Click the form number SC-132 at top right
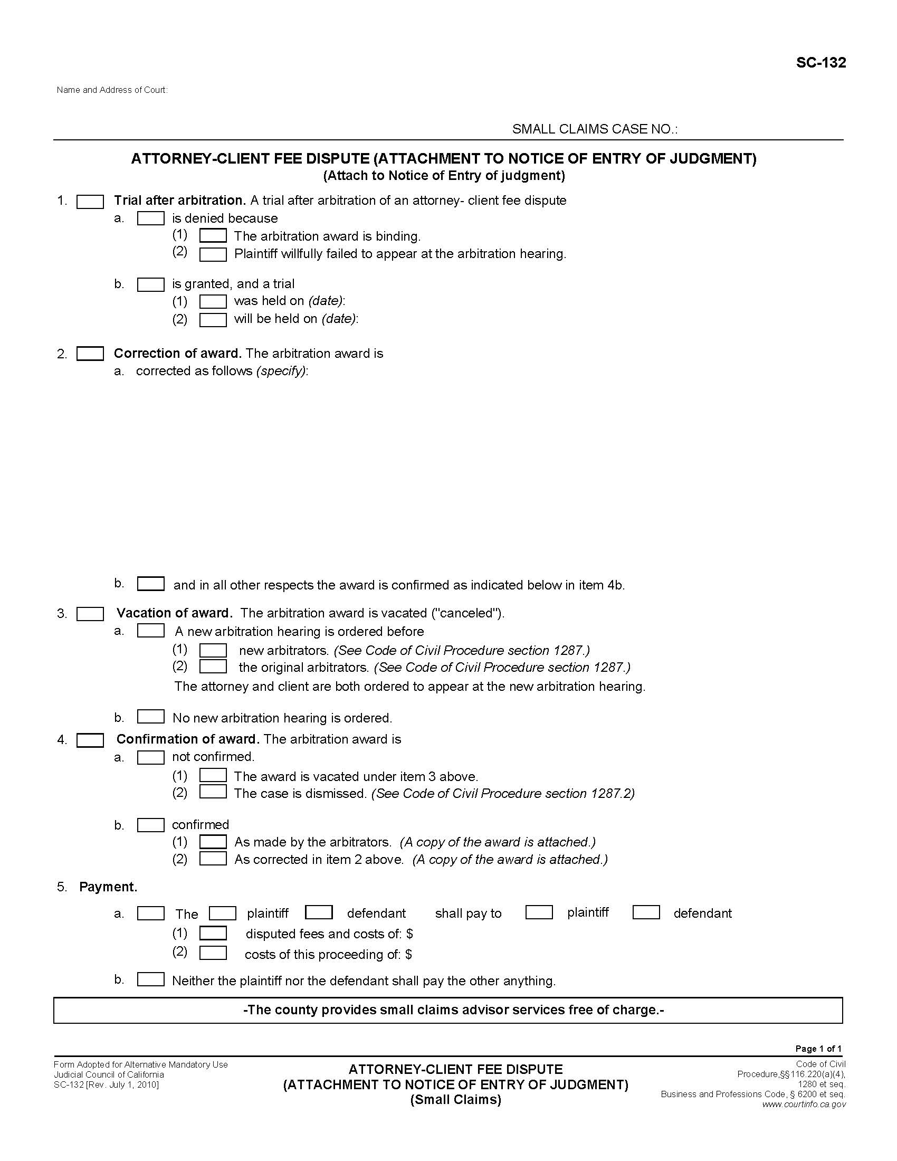tap(820, 63)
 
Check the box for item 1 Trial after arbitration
tap(90, 202)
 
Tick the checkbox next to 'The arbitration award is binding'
tap(213, 236)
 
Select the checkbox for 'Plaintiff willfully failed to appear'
tap(213, 254)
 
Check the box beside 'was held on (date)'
tap(213, 301)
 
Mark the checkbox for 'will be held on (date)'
tap(213, 319)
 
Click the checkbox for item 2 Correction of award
tap(90, 354)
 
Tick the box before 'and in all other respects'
tap(150, 584)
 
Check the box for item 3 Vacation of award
tap(90, 614)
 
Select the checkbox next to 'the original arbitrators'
tap(213, 667)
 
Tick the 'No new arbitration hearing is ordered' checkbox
tap(150, 717)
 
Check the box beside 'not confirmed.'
tap(150, 757)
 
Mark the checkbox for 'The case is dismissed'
tap(213, 792)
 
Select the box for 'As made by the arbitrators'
tap(213, 842)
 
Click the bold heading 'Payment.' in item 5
tap(108, 887)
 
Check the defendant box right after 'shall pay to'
tap(646, 912)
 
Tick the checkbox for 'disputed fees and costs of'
tap(213, 933)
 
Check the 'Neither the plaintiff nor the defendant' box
tap(150, 979)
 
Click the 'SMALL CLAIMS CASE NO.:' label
tap(594, 129)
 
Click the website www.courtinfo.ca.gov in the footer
tap(803, 1104)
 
